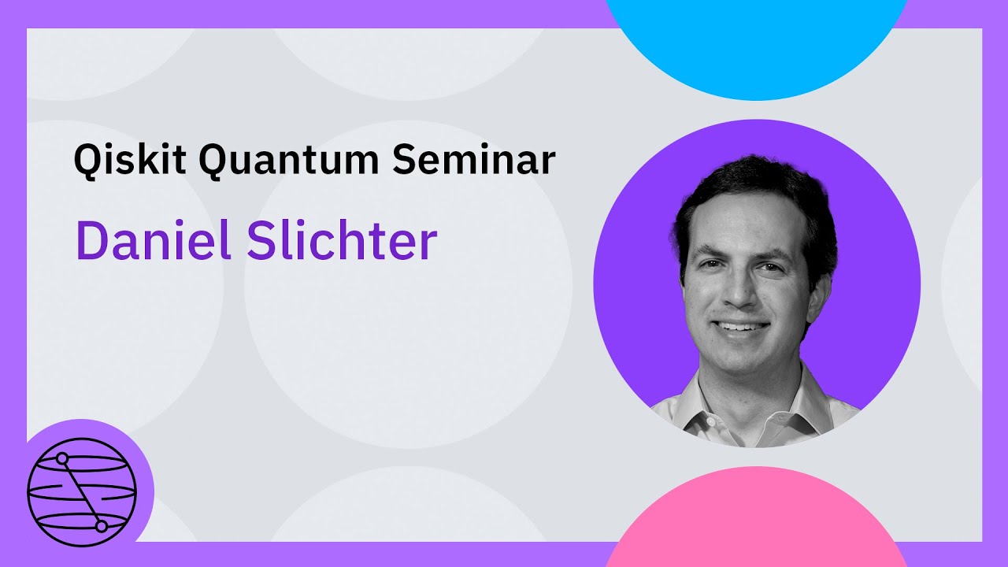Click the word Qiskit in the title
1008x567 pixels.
pyautogui.click(x=129, y=160)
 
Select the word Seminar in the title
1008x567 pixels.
pyautogui.click(x=473, y=160)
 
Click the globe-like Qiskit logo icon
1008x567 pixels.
pyautogui.click(x=82, y=492)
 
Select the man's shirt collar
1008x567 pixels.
pyautogui.click(x=795, y=409)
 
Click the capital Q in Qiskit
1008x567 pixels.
pyautogui.click(x=87, y=161)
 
